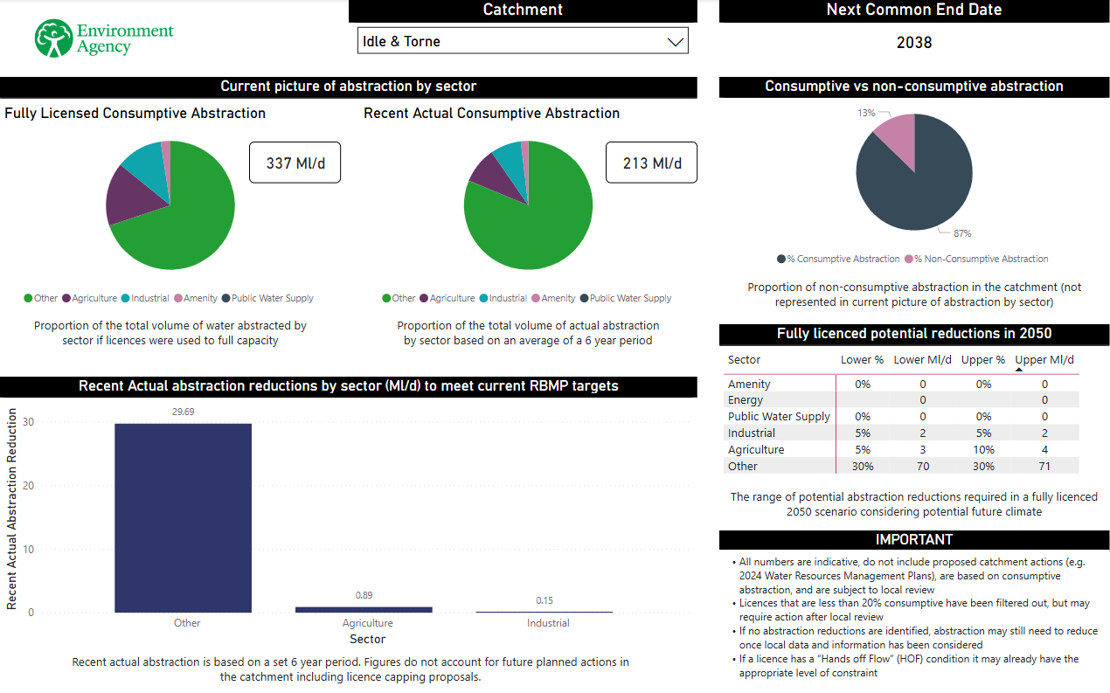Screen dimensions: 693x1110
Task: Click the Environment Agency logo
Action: (x=104, y=38)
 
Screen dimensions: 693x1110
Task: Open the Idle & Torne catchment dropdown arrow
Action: (x=675, y=42)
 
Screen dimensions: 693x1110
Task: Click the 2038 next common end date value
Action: (x=913, y=43)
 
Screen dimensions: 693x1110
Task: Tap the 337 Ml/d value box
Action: (x=295, y=163)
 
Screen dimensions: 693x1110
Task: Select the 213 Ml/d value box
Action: (x=651, y=163)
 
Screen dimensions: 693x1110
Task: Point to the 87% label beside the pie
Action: (x=961, y=233)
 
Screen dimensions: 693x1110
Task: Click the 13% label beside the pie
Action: (x=866, y=113)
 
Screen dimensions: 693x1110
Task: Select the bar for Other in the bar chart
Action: (x=183, y=517)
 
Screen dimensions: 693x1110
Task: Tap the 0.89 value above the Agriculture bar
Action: (x=364, y=595)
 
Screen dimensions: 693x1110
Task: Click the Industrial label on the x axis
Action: (x=548, y=623)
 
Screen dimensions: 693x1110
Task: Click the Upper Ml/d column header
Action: (x=1044, y=359)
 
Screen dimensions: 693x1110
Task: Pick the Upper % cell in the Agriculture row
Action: (x=983, y=450)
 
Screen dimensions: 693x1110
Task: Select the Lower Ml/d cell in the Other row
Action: (x=922, y=467)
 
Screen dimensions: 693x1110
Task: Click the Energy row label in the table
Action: (x=746, y=400)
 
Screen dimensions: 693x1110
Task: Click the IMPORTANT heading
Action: (x=913, y=540)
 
